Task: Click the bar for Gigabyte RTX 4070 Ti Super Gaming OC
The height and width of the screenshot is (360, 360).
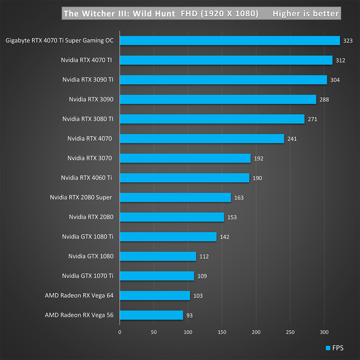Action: [230, 40]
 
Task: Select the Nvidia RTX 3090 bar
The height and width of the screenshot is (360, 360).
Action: [218, 99]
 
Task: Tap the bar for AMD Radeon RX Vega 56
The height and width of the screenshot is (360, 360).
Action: [151, 315]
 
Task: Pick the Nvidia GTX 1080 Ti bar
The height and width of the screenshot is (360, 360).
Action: [168, 237]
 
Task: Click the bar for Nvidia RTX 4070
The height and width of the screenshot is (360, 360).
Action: [202, 139]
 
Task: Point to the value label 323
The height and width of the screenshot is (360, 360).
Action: [348, 41]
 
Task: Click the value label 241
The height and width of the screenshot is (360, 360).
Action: [292, 139]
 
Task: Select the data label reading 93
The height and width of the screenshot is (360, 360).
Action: [189, 315]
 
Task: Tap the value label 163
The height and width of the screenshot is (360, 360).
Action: [239, 198]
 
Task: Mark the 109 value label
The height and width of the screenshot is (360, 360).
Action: [202, 276]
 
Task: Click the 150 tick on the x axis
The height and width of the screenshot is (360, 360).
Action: [222, 332]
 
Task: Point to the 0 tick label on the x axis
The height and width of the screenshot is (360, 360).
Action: [120, 332]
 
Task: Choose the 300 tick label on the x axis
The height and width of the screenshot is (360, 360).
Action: [324, 332]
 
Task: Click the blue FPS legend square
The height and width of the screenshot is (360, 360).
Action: [328, 348]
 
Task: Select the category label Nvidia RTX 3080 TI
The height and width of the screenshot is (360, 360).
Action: [88, 119]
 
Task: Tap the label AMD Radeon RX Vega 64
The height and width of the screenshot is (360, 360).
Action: [79, 295]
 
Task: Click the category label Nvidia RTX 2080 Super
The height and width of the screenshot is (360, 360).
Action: [81, 197]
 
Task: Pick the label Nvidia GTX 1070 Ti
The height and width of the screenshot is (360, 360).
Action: [88, 276]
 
